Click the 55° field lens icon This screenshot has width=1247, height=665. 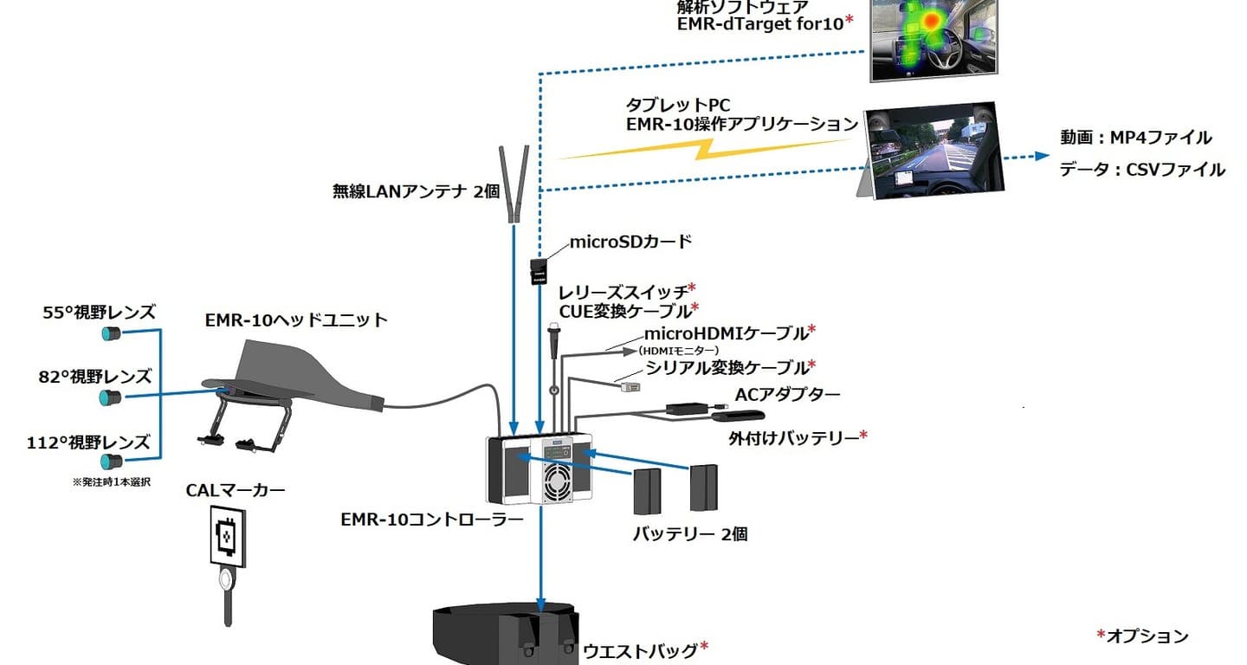(x=111, y=333)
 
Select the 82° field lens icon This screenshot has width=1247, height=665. (x=110, y=397)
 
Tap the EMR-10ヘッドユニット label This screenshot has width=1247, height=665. (x=296, y=320)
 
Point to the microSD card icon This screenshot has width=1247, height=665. (x=538, y=271)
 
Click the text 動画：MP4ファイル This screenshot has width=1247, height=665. (x=1135, y=138)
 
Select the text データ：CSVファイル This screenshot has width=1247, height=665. (x=1142, y=170)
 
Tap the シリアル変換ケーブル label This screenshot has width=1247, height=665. (x=726, y=367)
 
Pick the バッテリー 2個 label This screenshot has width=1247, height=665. (x=690, y=534)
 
